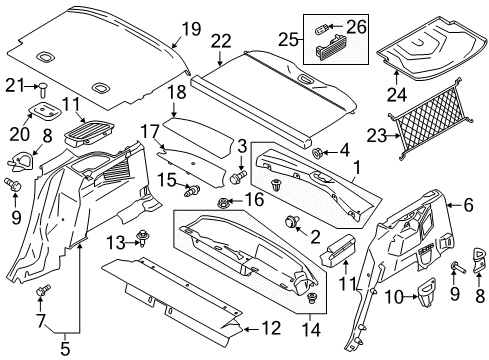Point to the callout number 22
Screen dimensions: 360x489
pos(220,41)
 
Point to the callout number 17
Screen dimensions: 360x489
pos(150,131)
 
